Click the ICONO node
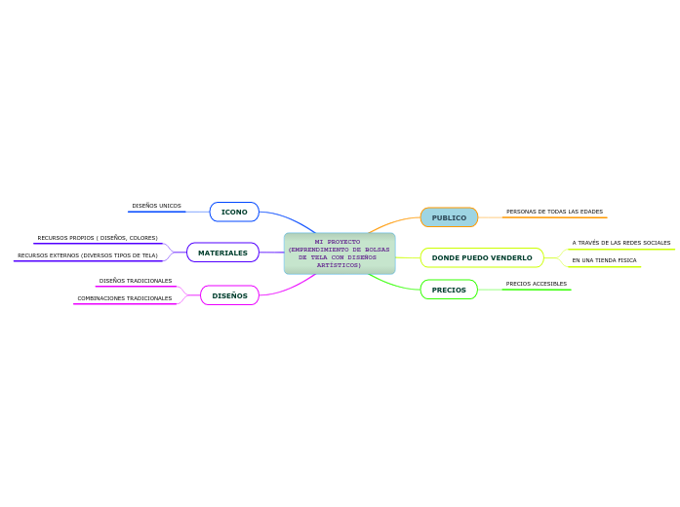pos(234,212)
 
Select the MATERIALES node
pos(222,253)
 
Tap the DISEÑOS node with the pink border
pos(230,295)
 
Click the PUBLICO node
pos(449,217)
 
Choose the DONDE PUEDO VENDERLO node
pos(482,257)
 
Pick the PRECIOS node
pos(449,290)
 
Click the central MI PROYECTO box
pos(340,253)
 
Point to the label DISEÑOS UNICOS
pos(156,206)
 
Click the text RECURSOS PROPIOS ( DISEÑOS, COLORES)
pos(98,238)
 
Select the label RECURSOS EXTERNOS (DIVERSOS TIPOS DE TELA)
pos(88,255)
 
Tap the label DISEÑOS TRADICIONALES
pos(136,281)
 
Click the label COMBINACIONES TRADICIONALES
pos(125,298)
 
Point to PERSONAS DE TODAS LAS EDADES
pos(555,212)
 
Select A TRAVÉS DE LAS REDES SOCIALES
pos(621,243)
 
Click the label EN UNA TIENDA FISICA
pos(604,260)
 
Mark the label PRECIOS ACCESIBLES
pos(536,284)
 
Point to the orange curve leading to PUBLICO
pos(393,222)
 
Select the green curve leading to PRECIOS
pos(393,285)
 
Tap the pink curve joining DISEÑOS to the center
pos(291,289)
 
